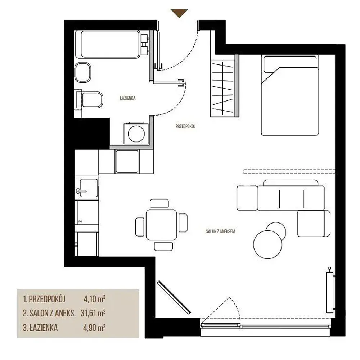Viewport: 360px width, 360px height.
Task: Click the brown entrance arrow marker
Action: [x=179, y=13]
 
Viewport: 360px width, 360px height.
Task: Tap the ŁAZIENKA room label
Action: [x=128, y=98]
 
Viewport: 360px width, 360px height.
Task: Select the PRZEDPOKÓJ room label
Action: [x=185, y=126]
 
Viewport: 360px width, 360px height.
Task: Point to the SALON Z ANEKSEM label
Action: [x=220, y=231]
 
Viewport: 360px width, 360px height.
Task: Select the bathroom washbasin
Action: [x=83, y=72]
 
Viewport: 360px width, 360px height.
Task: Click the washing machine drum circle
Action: [x=136, y=134]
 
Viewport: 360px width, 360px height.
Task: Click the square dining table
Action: [x=161, y=225]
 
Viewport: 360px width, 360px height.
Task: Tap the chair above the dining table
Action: [x=159, y=203]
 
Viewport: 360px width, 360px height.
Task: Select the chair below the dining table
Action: [x=163, y=246]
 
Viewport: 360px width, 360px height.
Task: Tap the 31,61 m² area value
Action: [x=93, y=313]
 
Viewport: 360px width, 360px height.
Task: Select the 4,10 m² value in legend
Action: [x=94, y=299]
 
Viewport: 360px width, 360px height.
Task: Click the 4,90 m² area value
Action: [x=94, y=328]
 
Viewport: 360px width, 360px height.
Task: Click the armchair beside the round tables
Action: [x=314, y=224]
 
